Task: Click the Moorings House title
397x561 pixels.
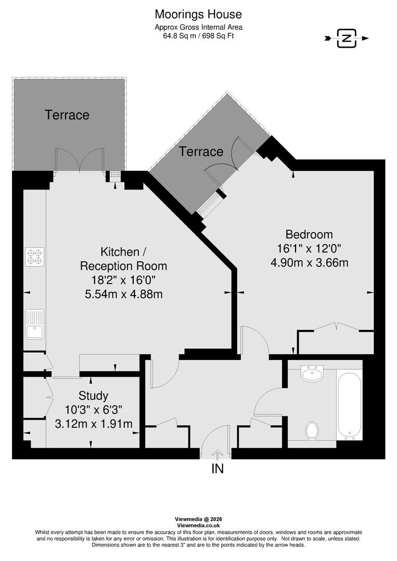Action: pos(198,14)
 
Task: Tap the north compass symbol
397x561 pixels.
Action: pos(346,38)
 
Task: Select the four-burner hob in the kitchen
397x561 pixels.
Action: pos(35,257)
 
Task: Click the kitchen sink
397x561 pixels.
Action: pos(35,324)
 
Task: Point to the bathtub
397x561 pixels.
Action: pos(349,404)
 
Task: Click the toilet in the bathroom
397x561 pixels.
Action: pos(312,430)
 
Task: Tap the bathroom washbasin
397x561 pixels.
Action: pos(312,372)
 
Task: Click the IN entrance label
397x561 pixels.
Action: pos(217,469)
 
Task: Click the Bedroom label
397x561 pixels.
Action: pos(309,234)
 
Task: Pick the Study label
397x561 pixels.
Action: pos(93,396)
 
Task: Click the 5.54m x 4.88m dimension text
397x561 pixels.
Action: pos(123,294)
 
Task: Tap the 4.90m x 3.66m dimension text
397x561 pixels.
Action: pos(309,262)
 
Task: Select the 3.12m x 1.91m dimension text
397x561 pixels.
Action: pos(93,424)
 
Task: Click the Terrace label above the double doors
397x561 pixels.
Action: pos(67,115)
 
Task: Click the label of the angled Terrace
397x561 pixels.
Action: pos(201,152)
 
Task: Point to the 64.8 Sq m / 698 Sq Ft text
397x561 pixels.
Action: pos(198,36)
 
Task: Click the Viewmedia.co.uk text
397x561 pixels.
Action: pos(198,525)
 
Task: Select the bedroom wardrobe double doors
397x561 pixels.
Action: pos(336,326)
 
